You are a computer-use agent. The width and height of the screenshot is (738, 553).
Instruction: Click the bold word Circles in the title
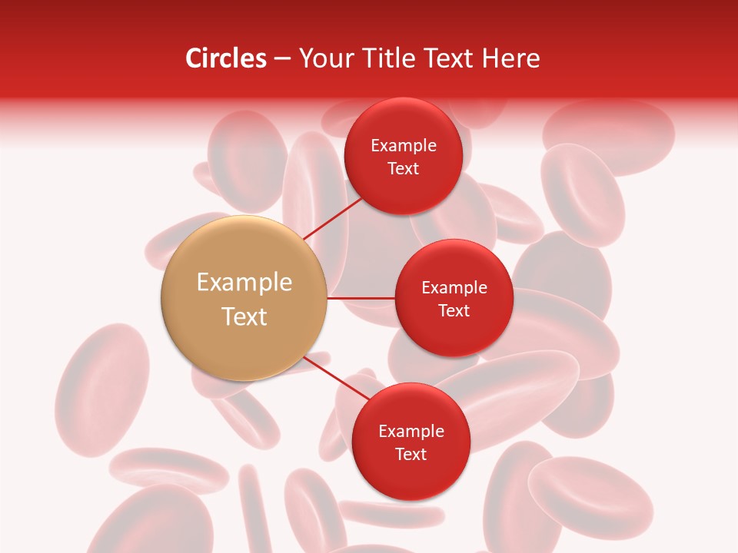[x=226, y=58]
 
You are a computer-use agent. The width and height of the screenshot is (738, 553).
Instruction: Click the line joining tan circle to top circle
[x=332, y=218]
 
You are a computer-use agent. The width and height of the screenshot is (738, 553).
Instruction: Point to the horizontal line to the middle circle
[x=361, y=298]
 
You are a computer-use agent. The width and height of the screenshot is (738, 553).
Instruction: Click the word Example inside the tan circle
[x=244, y=283]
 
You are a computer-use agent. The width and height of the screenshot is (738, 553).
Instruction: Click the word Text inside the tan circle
[x=244, y=316]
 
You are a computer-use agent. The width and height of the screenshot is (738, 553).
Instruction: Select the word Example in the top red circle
[x=404, y=146]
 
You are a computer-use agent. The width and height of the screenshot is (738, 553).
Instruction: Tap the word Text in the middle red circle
[x=454, y=311]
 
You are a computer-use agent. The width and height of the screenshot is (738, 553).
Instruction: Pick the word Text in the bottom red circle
[x=411, y=455]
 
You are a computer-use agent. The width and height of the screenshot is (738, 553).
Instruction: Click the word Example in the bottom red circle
[x=411, y=432]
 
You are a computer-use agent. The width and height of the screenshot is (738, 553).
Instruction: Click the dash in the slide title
[x=282, y=59]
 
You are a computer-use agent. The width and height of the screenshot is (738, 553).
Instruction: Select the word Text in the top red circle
[x=403, y=169]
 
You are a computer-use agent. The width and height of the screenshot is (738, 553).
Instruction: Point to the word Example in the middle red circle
[x=454, y=288]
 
